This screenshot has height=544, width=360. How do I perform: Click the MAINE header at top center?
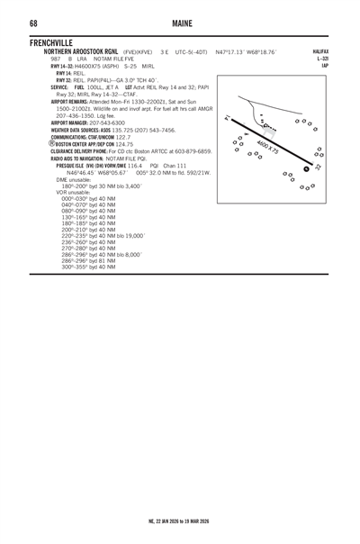180,23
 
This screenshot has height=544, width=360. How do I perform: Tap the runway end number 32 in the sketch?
318,168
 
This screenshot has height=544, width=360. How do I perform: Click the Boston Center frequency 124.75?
124,144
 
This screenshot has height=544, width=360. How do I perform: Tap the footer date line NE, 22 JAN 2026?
179,521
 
